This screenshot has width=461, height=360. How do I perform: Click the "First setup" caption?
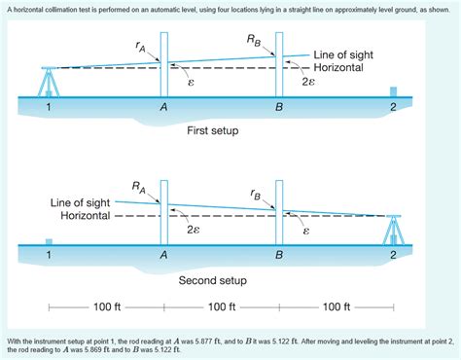click(211, 129)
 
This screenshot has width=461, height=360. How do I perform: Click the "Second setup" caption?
click(211, 280)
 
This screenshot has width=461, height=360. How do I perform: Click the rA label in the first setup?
click(143, 45)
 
